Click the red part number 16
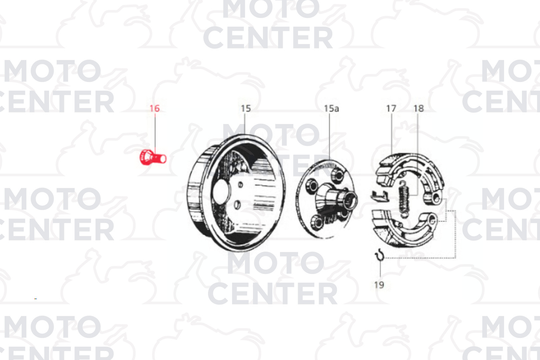tap(155, 109)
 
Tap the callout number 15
tap(246, 109)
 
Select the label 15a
tap(331, 109)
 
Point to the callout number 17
tap(391, 109)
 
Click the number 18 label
tap(419, 109)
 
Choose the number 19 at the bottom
tap(379, 285)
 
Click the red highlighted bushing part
tap(153, 157)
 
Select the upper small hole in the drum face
tap(240, 185)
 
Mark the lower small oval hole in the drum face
tap(237, 204)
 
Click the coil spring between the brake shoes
tap(404, 200)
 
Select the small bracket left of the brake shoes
tap(379, 196)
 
